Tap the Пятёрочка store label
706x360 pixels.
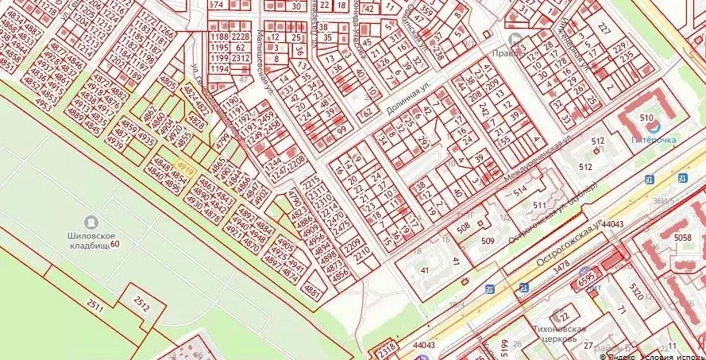pyautogui.click(x=653, y=140)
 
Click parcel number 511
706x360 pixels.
pyautogui.click(x=540, y=205)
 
